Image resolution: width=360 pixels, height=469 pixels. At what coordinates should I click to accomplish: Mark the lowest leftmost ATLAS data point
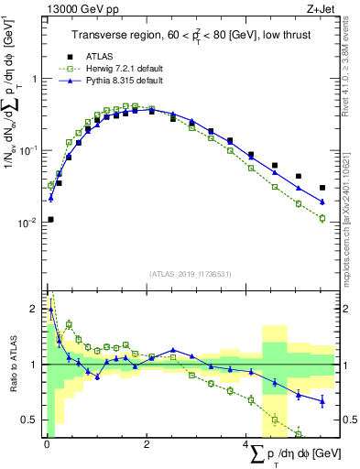50,219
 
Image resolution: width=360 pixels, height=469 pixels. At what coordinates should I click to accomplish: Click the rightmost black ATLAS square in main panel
322,188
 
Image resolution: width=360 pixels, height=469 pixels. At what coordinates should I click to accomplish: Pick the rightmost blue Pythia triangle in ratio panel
322,400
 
